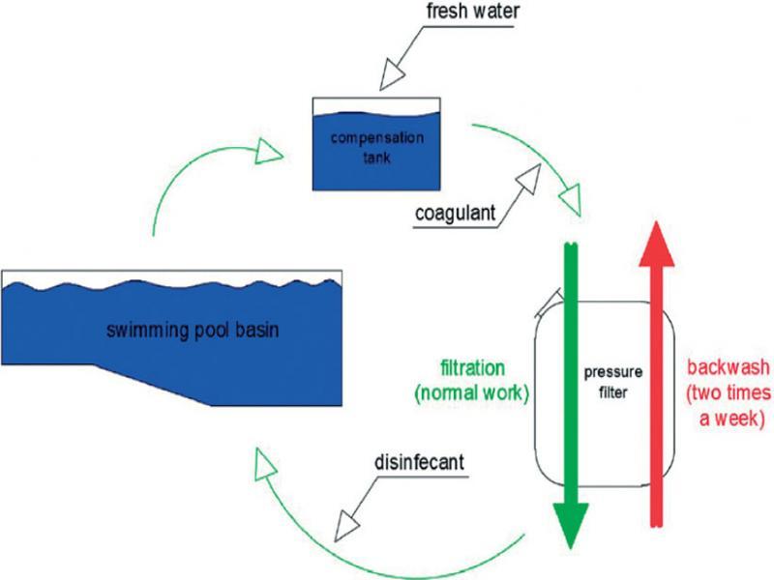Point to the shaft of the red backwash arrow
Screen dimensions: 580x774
point(657,387)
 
